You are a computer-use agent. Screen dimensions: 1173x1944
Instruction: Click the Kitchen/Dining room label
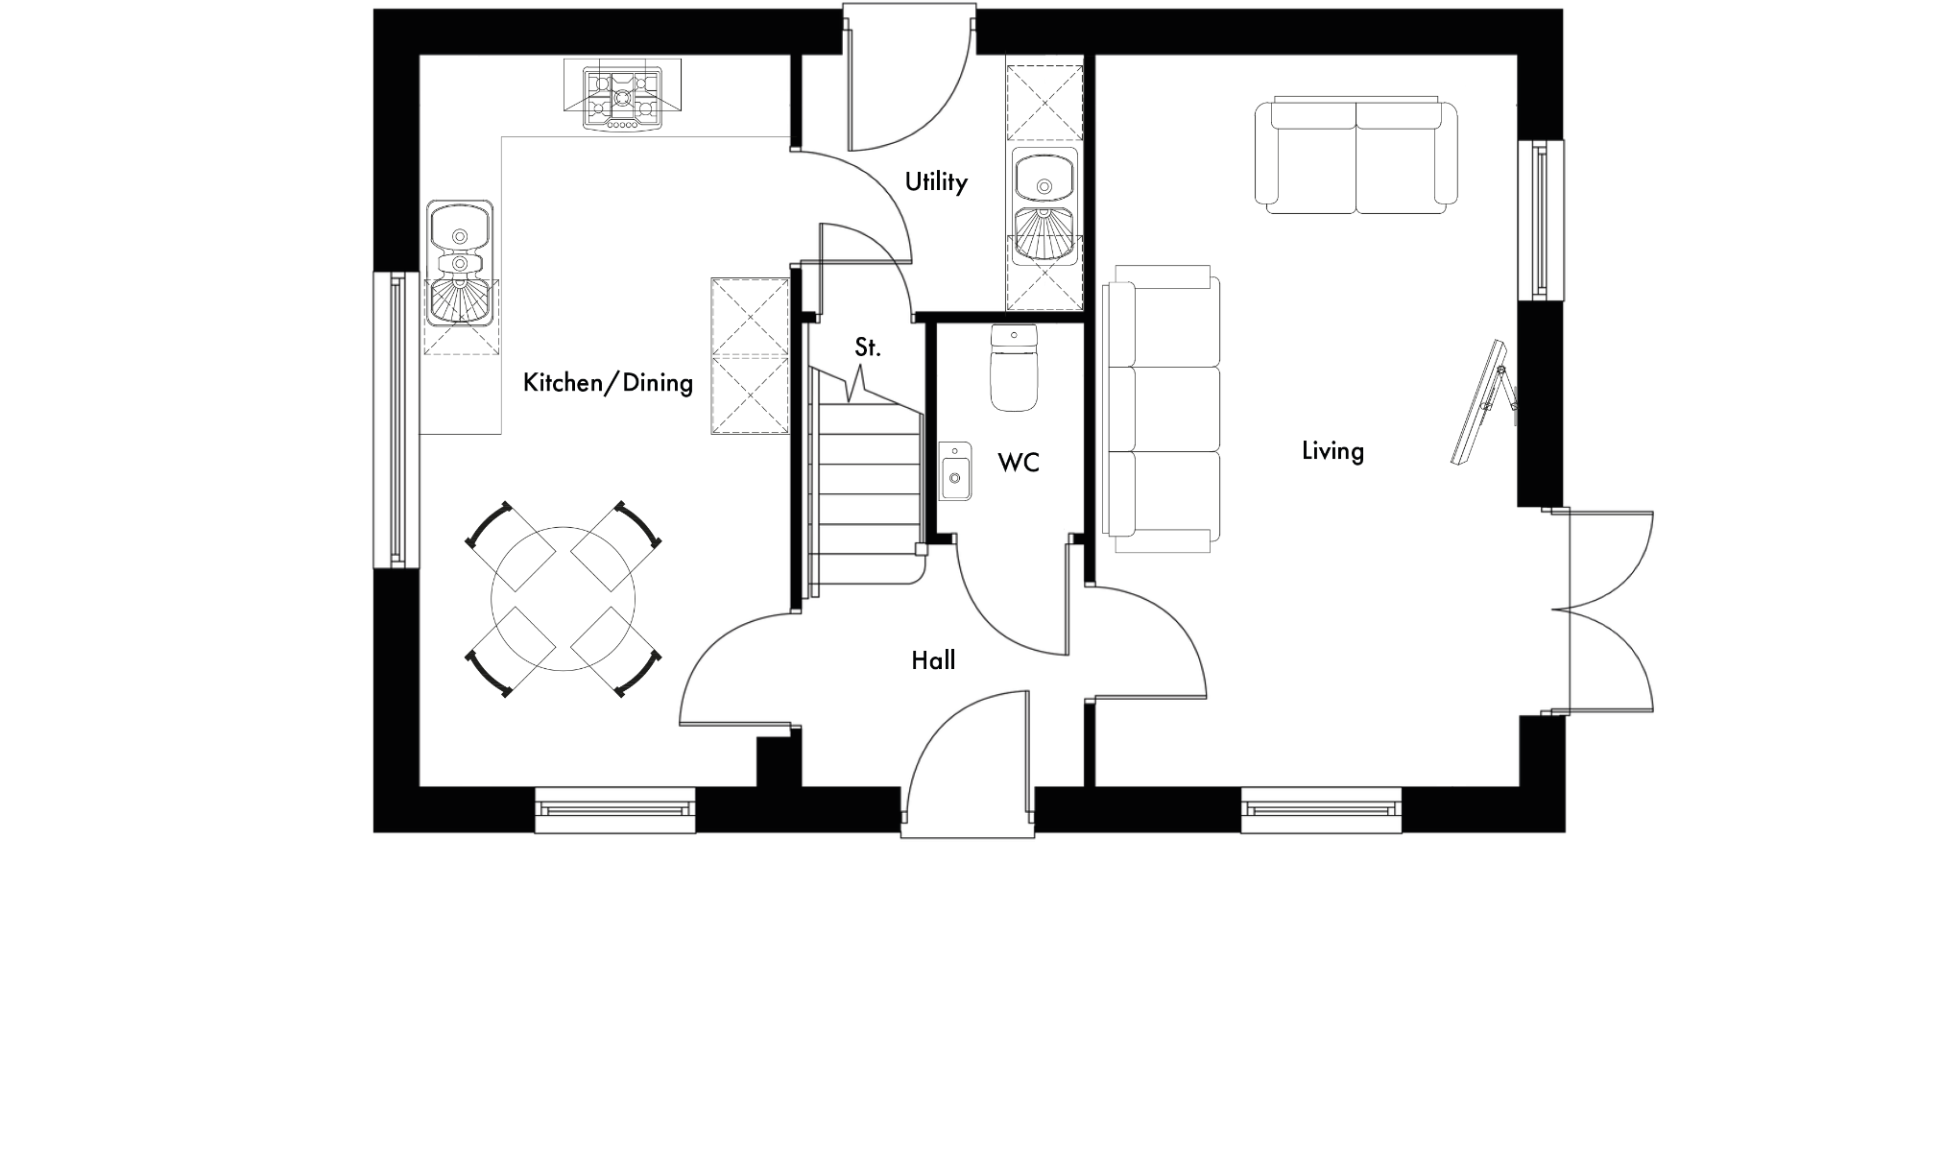608,383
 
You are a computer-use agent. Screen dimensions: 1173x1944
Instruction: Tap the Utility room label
935,181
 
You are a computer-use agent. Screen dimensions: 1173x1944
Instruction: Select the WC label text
1018,464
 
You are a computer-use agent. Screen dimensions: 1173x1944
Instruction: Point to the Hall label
933,660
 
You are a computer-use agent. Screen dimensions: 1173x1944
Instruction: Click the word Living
1332,450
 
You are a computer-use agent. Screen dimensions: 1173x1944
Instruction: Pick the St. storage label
867,347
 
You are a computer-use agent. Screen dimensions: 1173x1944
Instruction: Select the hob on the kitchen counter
623,97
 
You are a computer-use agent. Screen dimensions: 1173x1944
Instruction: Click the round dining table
564,599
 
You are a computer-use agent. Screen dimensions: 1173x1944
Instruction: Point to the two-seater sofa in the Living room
1356,156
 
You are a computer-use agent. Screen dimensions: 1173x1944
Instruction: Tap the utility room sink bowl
1044,177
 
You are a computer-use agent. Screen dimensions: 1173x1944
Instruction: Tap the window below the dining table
614,810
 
